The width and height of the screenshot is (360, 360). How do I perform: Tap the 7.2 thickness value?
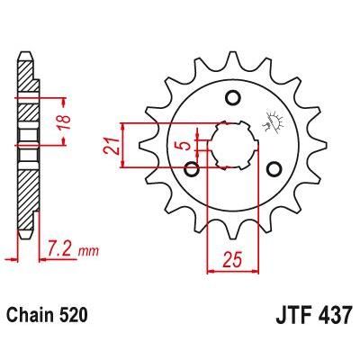coord(62,246)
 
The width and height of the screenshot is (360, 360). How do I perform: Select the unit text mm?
coord(87,247)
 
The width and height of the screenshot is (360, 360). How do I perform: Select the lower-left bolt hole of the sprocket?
coord(191,167)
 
